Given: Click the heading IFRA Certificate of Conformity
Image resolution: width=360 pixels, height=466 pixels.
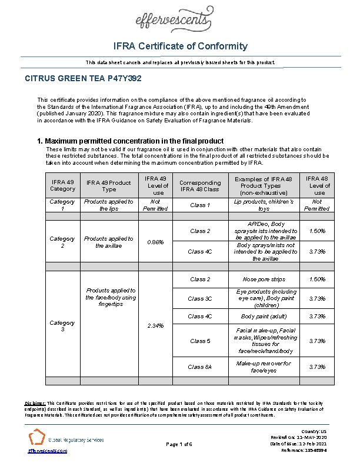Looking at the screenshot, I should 181,46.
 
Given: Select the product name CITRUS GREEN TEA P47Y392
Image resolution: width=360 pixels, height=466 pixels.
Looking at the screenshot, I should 82,78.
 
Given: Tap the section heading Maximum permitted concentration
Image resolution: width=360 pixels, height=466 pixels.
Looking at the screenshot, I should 130,141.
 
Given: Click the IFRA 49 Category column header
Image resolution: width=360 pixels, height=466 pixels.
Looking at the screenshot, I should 63,185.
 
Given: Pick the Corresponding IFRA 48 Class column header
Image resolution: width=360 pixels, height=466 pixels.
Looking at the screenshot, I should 200,185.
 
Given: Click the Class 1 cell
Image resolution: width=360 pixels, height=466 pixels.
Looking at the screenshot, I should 200,205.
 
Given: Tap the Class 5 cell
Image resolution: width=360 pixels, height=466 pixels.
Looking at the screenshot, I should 200,341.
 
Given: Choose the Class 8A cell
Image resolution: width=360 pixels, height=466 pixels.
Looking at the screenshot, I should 200,367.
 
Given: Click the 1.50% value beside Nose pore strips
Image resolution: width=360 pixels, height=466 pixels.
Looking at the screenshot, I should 317,279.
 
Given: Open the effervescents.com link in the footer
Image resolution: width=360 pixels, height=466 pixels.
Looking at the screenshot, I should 48,451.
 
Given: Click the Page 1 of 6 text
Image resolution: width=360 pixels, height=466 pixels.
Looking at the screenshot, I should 180,444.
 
